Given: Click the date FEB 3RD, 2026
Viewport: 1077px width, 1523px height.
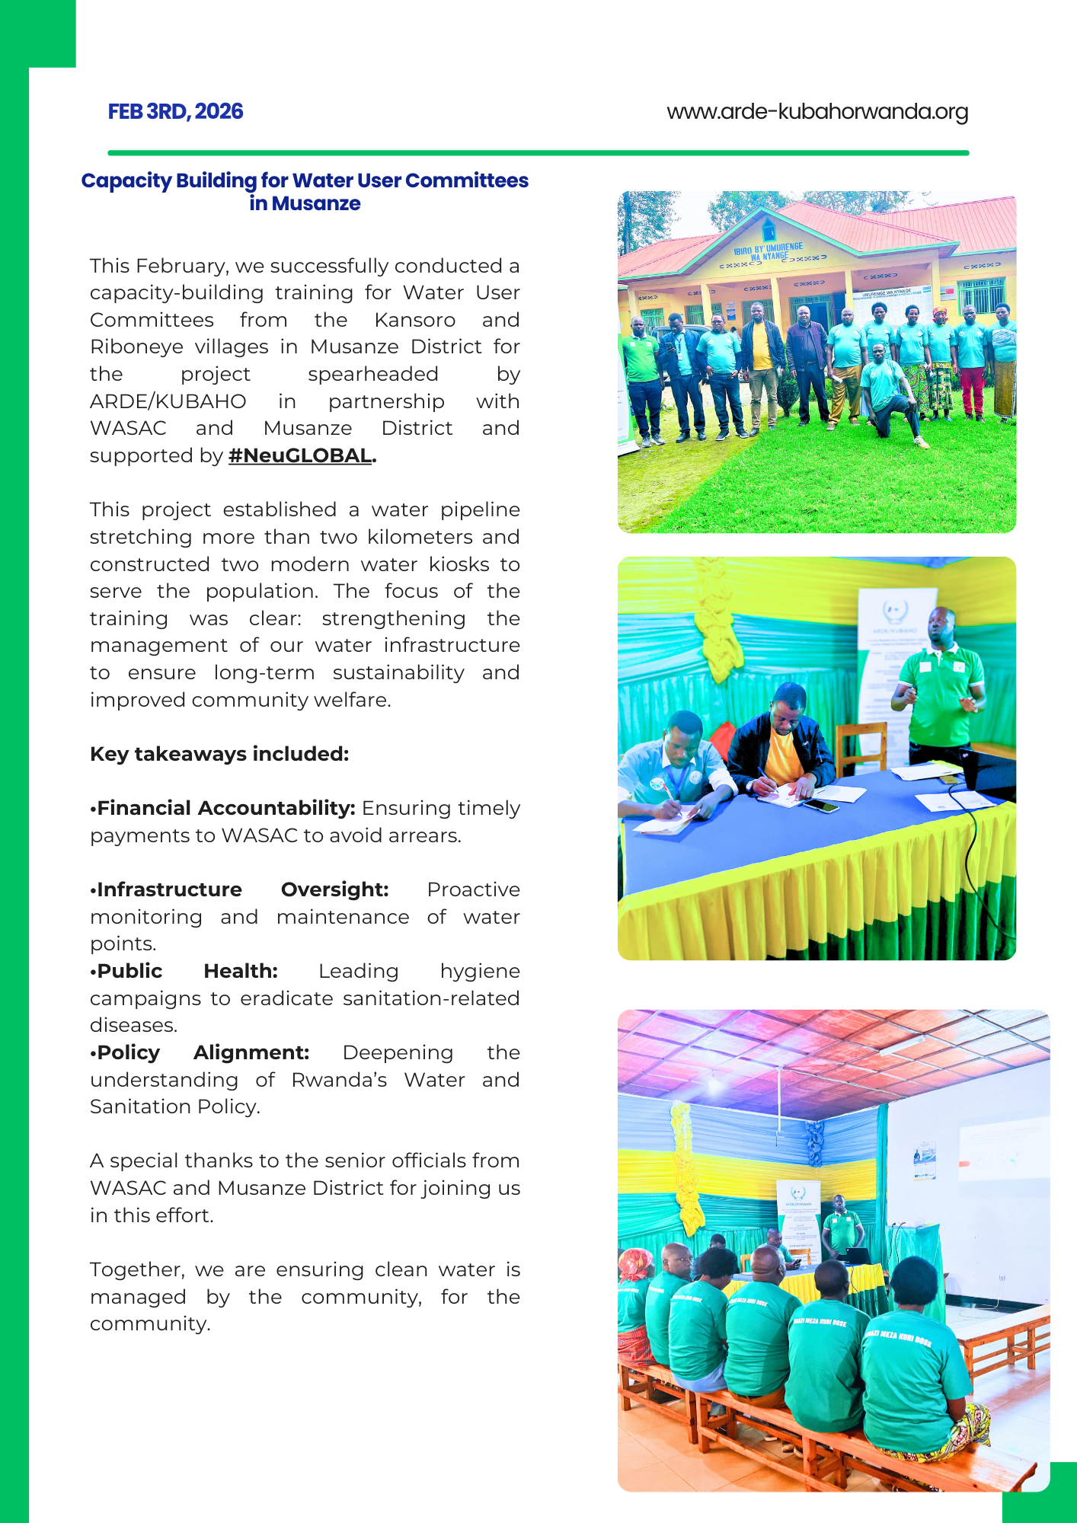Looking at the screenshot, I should pos(175,112).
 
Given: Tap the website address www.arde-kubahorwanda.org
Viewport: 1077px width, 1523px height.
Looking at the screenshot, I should pos(817,112).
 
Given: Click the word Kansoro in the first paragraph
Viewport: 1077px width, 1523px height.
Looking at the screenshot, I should pos(414,320).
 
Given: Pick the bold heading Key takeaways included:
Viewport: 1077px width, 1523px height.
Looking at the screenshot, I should pos(219,754).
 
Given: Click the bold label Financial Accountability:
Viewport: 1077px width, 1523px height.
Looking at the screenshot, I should pos(226,808).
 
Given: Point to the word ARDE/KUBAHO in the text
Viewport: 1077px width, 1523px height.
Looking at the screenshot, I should pos(168,401).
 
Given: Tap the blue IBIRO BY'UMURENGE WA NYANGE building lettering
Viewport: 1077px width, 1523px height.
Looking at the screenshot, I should pos(768,252).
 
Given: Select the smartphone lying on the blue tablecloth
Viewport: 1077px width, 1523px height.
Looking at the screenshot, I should pos(821,804).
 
